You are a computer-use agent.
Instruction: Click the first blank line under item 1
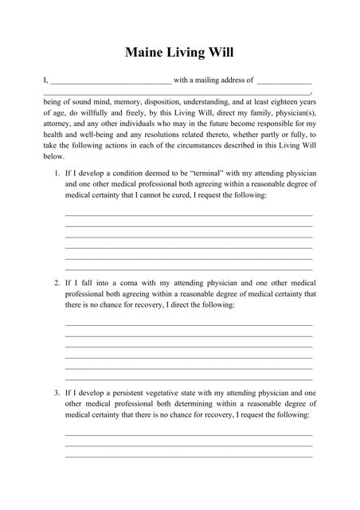(x=188, y=215)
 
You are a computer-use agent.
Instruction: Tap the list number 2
(x=57, y=283)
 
